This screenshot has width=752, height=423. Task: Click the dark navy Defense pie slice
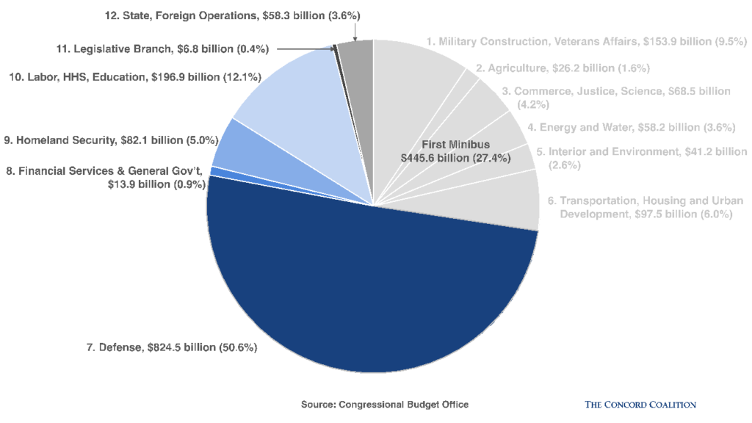click(367, 294)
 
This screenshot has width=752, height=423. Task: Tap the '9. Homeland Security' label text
click(106, 138)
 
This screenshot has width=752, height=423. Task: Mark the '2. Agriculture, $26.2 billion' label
click(563, 68)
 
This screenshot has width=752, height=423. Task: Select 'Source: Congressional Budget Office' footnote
click(384, 405)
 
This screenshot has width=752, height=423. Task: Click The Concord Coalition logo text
click(640, 405)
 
